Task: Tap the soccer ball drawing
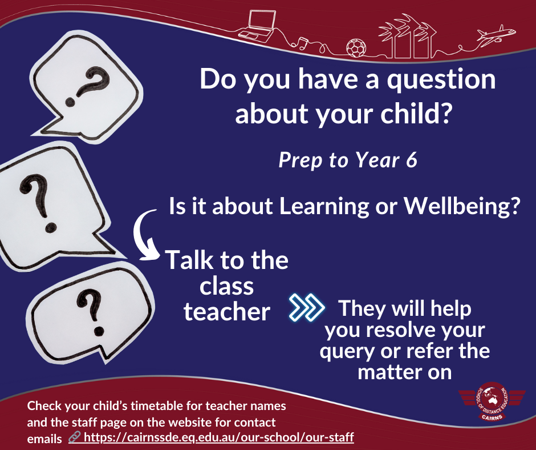(356, 48)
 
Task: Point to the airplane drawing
(496, 35)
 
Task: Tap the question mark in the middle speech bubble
(38, 203)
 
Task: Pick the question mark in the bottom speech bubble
(91, 312)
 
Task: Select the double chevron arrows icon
(307, 307)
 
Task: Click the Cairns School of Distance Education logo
(492, 401)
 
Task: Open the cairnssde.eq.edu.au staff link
(219, 437)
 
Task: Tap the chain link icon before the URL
(74, 437)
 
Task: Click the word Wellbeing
(462, 206)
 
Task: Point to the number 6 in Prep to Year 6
(412, 160)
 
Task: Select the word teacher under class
(226, 312)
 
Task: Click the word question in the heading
(441, 80)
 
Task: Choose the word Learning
(324, 206)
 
